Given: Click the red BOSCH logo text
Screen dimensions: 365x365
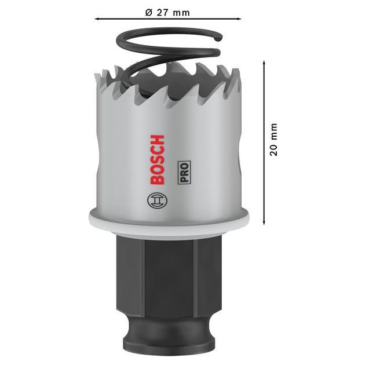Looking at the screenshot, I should [156, 160].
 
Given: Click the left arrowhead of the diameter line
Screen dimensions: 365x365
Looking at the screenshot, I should [97, 19].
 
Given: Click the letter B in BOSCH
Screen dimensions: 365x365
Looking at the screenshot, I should [156, 180].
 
